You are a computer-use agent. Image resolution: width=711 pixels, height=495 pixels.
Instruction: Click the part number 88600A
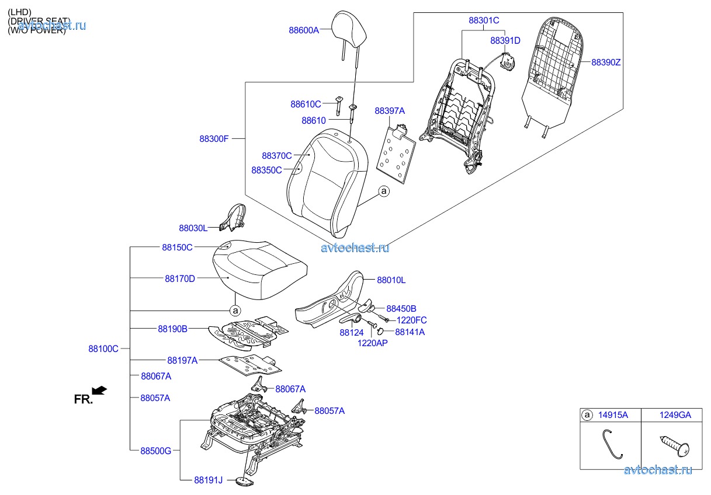(303, 30)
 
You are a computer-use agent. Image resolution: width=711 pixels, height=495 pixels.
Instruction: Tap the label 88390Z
(606, 62)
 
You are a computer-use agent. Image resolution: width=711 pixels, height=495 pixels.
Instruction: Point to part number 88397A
(390, 110)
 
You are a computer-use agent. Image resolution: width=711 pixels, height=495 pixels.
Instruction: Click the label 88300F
(214, 139)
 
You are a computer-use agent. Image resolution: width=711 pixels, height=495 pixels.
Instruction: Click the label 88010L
(391, 280)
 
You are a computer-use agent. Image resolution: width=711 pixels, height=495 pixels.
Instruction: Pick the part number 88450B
(401, 308)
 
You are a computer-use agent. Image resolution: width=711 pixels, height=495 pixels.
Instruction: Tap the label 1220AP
(373, 343)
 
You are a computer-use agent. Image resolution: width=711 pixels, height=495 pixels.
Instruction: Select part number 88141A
(410, 332)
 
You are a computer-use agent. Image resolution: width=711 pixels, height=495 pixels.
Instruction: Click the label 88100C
(103, 348)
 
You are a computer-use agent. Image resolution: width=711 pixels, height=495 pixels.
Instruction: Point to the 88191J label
(209, 480)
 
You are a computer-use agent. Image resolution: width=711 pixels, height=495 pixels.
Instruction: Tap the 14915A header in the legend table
(613, 415)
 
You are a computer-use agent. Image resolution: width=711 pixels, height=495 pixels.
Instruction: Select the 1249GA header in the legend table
(676, 415)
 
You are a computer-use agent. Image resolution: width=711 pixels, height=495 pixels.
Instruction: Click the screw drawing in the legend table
(676, 445)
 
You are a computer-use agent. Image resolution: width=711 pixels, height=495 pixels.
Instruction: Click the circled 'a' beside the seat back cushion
(383, 191)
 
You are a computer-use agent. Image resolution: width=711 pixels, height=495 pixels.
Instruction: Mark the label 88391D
(505, 40)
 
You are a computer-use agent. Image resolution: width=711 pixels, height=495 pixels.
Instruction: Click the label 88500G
(155, 450)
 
